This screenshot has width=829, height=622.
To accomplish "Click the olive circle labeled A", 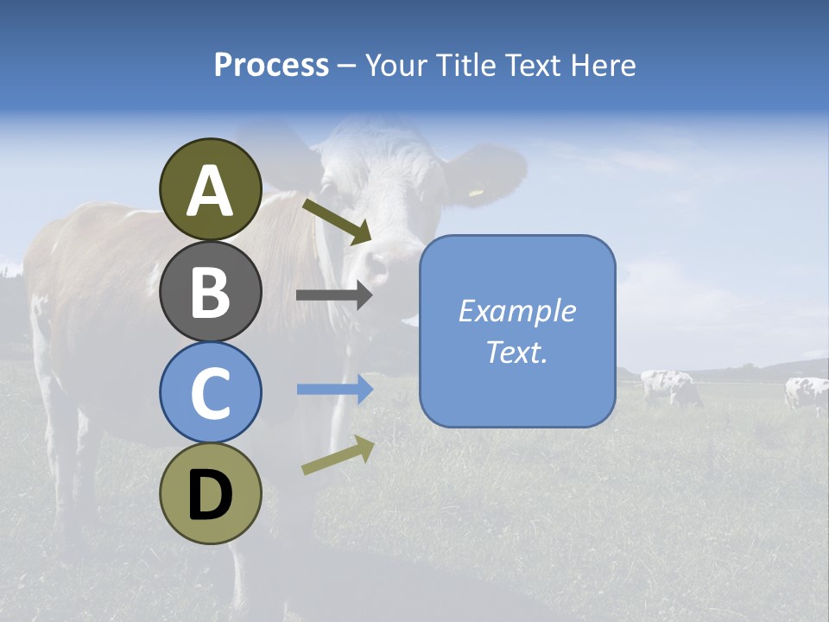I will coord(210,189).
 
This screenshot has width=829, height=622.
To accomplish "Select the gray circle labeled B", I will coord(210,291).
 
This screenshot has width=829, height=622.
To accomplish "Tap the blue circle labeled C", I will coord(210,392).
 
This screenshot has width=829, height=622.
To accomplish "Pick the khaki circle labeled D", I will coord(210,493).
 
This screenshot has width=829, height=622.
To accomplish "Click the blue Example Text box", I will coord(517,332).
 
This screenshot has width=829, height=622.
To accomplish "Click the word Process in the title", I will coord(271,65).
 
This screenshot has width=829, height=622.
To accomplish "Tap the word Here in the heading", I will coord(604,65).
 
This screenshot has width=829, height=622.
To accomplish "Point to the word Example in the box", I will coord(517,311).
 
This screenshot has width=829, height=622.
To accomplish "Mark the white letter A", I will coord(210,190).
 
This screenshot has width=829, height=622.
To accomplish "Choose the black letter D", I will coord(210,494).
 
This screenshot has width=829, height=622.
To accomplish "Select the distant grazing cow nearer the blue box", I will coord(670,386).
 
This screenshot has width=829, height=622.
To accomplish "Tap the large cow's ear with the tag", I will coord(489,175).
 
